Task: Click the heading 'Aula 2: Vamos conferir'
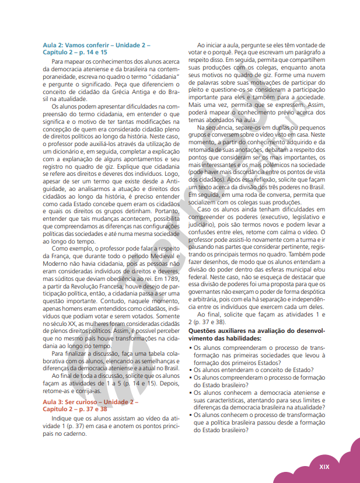(x=96, y=45)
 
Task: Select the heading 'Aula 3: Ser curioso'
(x=90, y=402)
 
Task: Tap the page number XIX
(x=324, y=467)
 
